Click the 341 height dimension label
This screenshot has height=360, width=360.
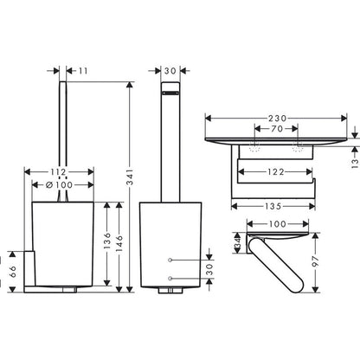[x=131, y=177]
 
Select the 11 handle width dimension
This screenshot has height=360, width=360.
[x=83, y=71]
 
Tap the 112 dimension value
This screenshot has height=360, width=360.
[x=59, y=172]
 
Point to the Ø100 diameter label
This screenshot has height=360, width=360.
[x=60, y=184]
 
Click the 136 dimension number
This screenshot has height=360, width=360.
[x=107, y=241]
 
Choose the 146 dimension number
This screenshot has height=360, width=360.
[x=119, y=243]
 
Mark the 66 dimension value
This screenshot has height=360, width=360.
[x=13, y=272]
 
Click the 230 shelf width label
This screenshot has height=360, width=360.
[x=278, y=119]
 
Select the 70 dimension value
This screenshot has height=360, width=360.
[x=277, y=129]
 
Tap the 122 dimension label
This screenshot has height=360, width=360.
[x=276, y=172]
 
